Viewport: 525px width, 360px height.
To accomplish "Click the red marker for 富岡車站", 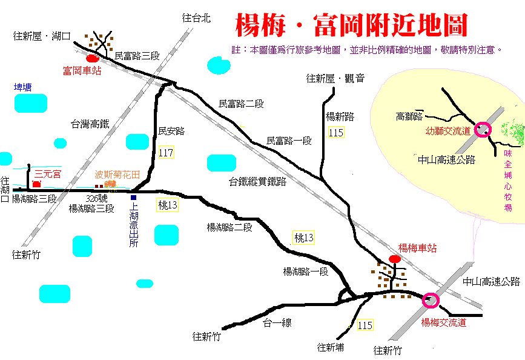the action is pos(93,59).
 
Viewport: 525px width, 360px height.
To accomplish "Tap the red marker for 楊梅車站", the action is pos(395,259).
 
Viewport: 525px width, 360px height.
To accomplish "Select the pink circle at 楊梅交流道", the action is pos(431,301).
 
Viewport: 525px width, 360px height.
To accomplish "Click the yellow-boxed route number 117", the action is pos(166,153).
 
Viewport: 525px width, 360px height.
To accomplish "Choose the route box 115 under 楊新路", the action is pos(336,132).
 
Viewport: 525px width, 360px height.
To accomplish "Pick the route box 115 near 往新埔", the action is pos(365,325).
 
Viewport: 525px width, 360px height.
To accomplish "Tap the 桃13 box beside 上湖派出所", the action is pos(167,205).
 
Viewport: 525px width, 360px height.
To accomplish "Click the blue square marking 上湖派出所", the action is pos(134,198).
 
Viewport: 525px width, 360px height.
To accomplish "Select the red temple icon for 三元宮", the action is pos(36,184).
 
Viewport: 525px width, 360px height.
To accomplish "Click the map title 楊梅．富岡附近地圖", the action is pos(351,25).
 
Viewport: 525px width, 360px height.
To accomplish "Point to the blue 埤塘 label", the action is pos(23,87).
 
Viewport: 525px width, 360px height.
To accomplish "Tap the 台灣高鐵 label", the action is pos(90,124).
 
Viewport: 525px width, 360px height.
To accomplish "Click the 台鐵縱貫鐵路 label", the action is pos(257,181).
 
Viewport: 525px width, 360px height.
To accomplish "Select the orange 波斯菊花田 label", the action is pos(117,175).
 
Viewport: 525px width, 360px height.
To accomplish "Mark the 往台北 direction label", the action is pos(196,18).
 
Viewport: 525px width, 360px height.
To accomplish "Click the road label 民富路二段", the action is pos(241,104).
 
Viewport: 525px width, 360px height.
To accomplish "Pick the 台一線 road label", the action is pos(277,323).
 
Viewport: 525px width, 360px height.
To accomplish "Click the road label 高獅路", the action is pos(409,116).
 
